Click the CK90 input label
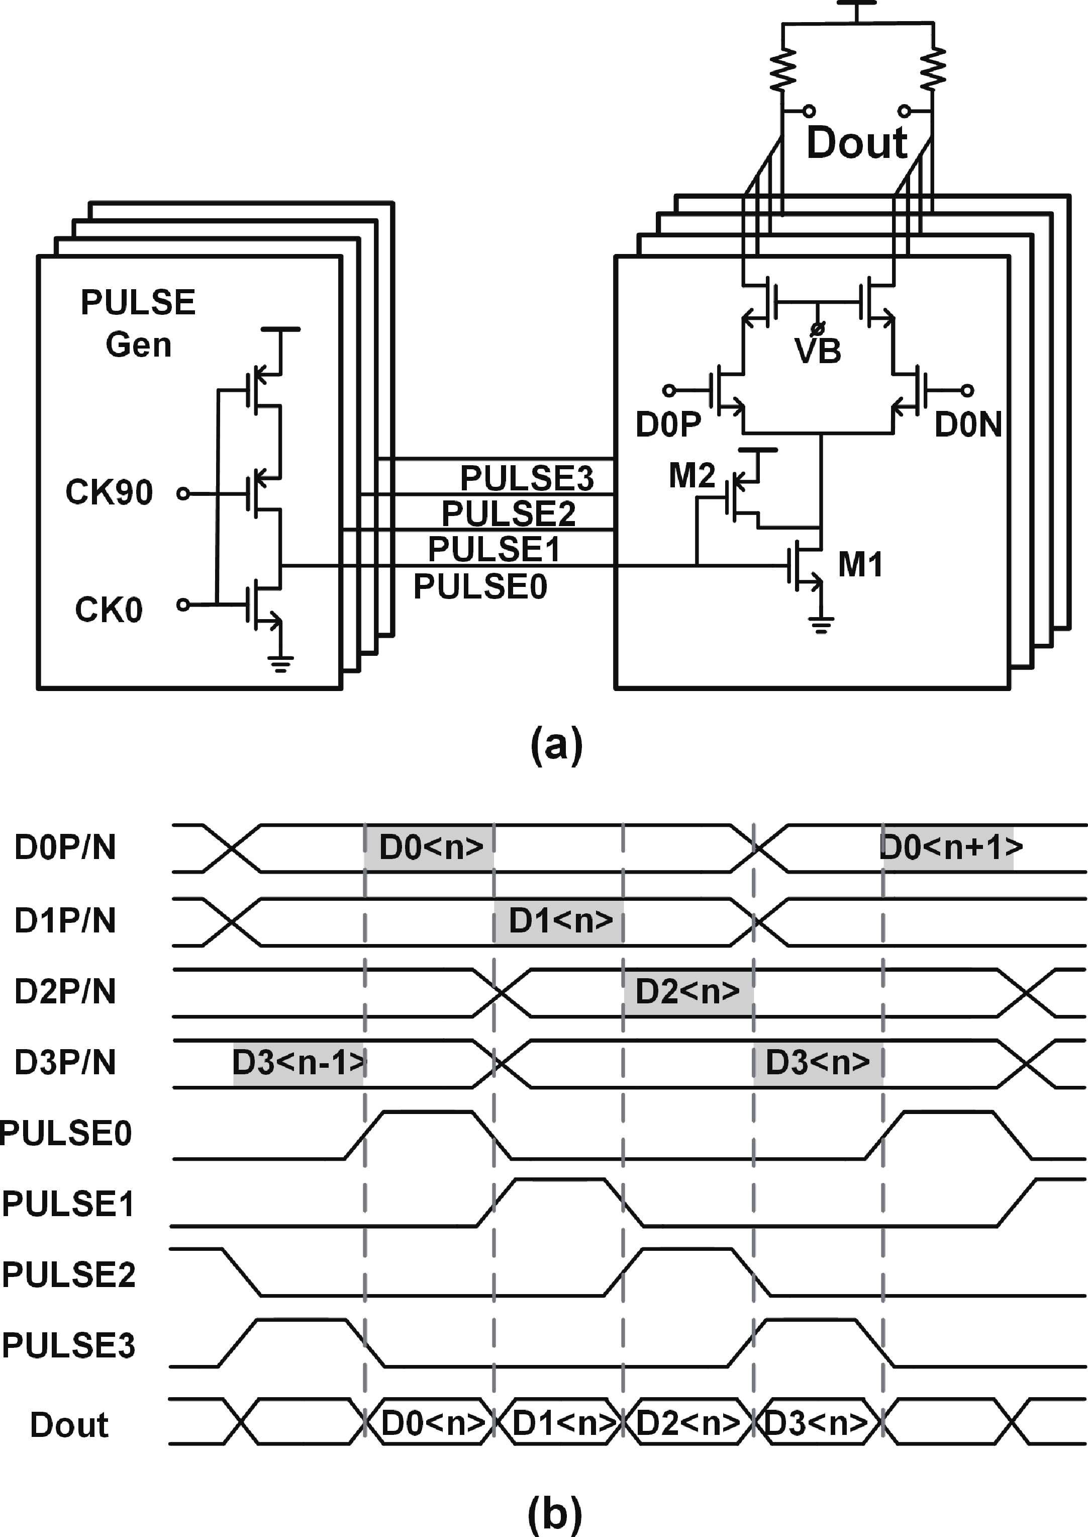click(109, 493)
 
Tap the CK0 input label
click(109, 610)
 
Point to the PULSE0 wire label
click(480, 586)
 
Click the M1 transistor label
click(860, 564)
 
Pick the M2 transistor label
click(692, 476)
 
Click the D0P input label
click(668, 424)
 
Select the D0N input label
click(967, 424)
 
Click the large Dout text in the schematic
click(856, 143)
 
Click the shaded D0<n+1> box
click(949, 848)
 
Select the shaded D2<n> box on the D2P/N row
click(688, 991)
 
